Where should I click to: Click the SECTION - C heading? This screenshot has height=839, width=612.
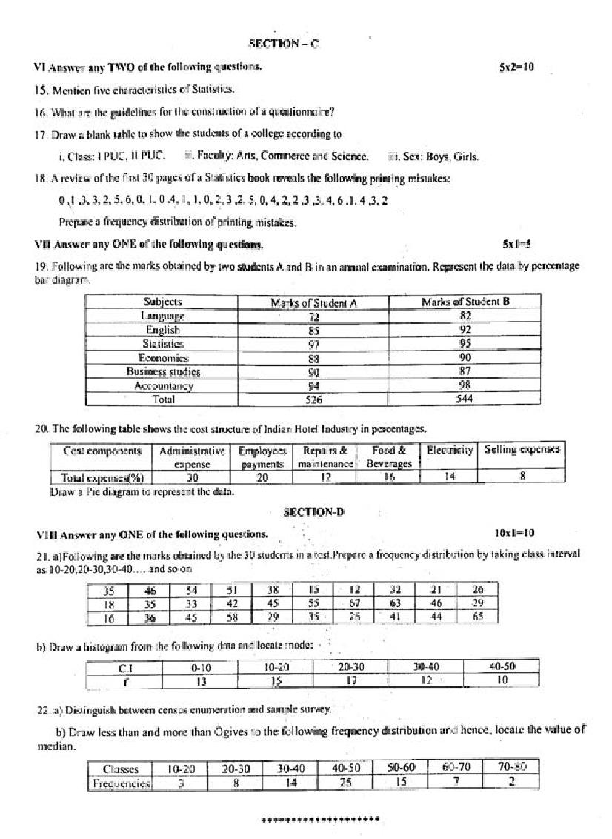pos(283,44)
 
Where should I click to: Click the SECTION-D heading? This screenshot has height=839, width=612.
pos(313,512)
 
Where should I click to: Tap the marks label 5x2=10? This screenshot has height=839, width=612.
pos(516,67)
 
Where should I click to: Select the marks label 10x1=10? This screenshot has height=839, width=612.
pos(513,533)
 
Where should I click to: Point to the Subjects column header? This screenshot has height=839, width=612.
pos(162,302)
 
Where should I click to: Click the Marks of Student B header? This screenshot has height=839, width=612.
pos(465,302)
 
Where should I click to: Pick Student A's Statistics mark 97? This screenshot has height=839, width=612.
pos(313,345)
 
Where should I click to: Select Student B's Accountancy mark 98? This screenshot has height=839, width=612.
pos(465,385)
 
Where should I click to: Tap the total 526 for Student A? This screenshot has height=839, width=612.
pos(313,399)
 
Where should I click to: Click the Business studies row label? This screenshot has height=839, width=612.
pos(162,372)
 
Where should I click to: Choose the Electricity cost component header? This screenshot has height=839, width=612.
pos(449,451)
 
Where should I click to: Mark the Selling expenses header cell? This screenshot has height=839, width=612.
pos(522,450)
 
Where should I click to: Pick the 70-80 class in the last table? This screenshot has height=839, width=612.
pos(510,769)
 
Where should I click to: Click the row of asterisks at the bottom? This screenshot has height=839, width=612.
pos(320,820)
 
